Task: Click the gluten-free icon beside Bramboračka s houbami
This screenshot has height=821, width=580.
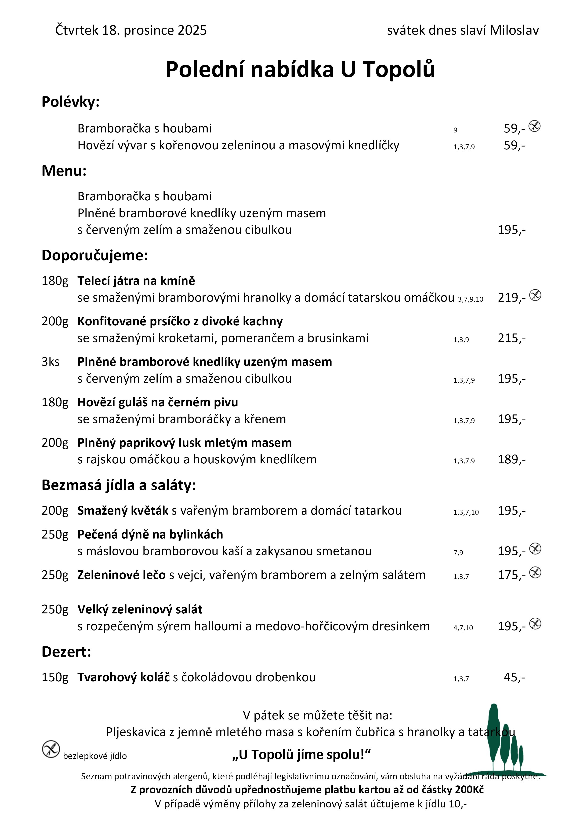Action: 534,126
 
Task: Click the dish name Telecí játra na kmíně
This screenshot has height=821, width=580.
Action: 136,281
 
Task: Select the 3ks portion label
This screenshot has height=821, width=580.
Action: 50,362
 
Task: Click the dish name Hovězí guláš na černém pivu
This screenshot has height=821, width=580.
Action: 158,402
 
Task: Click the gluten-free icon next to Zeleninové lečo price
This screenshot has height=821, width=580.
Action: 535,572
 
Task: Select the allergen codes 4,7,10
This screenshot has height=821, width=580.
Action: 463,628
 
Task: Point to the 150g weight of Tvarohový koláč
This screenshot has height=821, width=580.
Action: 55,677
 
